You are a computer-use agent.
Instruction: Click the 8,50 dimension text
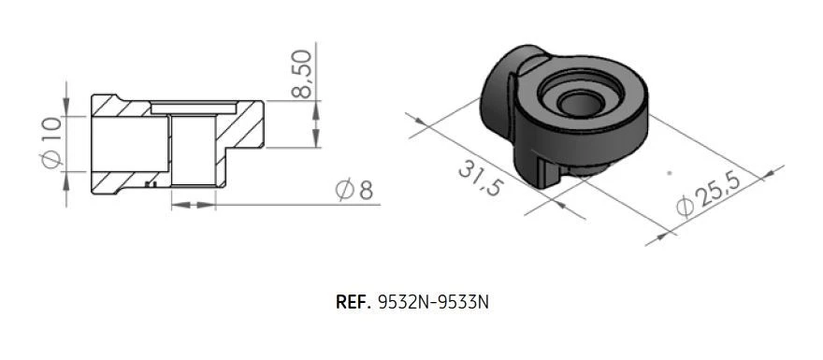point(301,73)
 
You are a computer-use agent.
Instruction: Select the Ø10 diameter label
point(52,143)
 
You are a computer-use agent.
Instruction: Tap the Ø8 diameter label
point(354,190)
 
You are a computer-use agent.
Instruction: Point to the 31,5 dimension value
point(479,178)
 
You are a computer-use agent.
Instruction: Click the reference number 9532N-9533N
point(433,302)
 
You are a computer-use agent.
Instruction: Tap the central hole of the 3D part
point(579,104)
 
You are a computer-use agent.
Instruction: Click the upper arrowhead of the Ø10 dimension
point(66,106)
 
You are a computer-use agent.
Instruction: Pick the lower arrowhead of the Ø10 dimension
point(66,181)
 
